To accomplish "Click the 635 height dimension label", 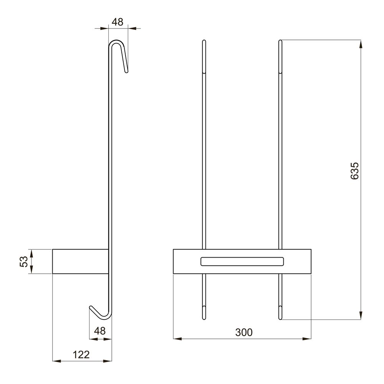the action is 354,171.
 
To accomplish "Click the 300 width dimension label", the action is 244,332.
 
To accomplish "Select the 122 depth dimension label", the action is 81,354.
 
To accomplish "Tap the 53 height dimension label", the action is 24,261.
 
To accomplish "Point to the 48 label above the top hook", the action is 117,22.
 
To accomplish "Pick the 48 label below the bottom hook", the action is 100,331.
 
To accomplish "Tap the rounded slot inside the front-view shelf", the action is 242,261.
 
